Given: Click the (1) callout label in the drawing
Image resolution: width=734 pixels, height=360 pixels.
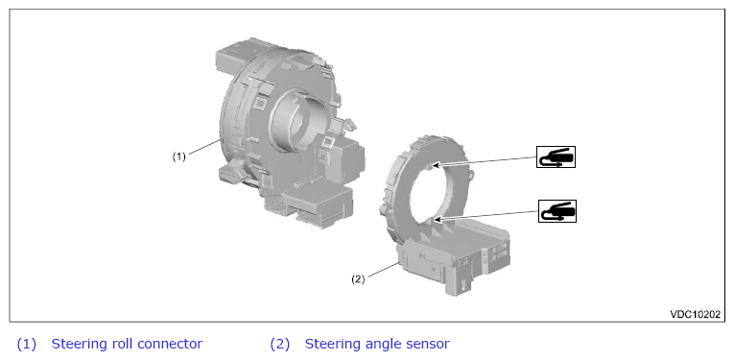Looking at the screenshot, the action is pyautogui.click(x=178, y=156).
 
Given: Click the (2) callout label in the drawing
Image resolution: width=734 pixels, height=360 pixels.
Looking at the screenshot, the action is pyautogui.click(x=358, y=279).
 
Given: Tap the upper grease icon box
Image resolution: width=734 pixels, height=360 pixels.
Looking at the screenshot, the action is pyautogui.click(x=556, y=156).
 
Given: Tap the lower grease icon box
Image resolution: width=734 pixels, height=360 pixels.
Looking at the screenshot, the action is pyautogui.click(x=557, y=211).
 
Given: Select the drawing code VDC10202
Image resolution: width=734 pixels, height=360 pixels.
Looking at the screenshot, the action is pyautogui.click(x=696, y=314).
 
